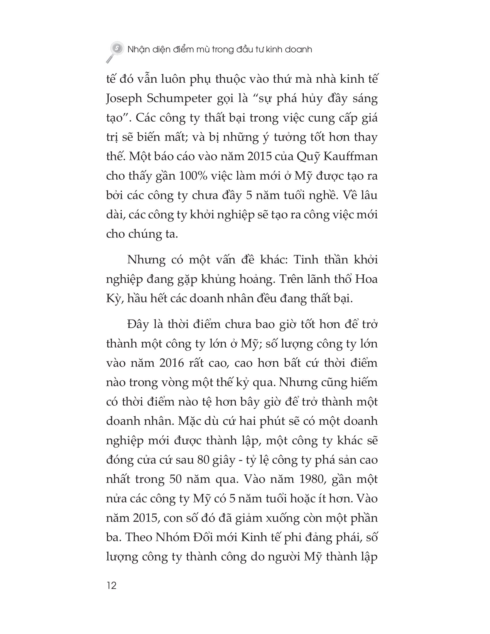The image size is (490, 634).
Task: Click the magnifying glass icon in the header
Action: [115, 51]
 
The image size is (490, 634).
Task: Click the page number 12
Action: [112, 585]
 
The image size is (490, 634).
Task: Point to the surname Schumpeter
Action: [179, 99]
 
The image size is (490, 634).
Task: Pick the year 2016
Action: [171, 363]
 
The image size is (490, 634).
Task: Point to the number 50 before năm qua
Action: [175, 479]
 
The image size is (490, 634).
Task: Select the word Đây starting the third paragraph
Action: [138, 324]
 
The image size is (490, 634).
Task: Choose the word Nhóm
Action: [172, 537]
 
